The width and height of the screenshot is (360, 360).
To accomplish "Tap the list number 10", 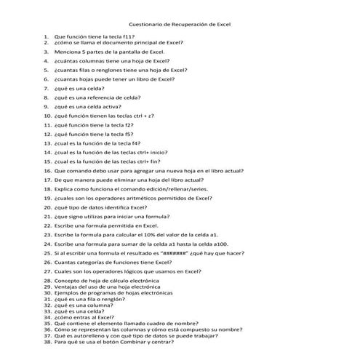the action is click(x=47, y=116).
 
